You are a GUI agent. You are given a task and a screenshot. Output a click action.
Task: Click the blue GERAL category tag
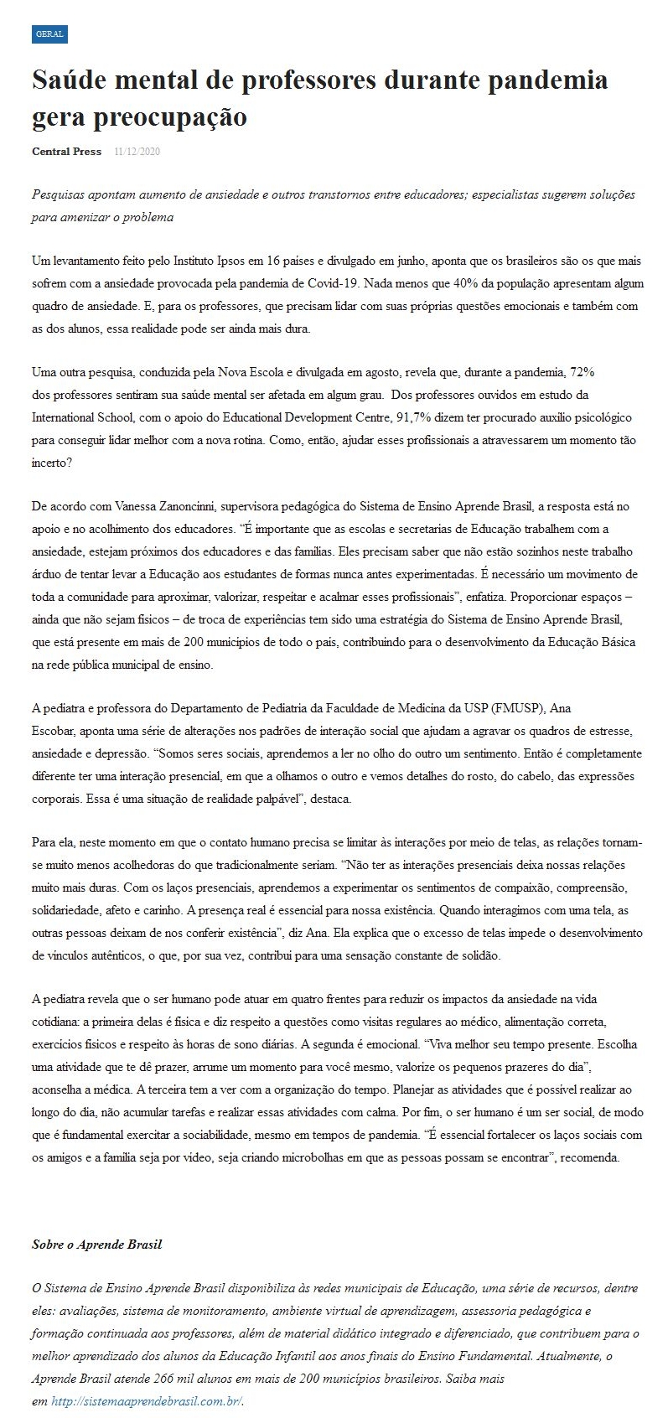click(49, 34)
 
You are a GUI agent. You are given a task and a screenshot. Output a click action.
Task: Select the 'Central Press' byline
click(66, 152)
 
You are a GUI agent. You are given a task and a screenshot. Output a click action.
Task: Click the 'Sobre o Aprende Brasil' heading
click(96, 1245)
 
